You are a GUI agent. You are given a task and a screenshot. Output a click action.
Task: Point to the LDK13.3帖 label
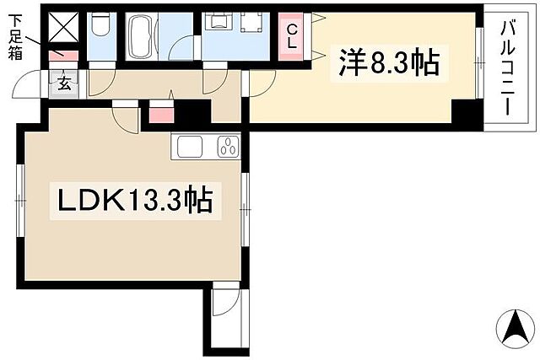click(x=133, y=201)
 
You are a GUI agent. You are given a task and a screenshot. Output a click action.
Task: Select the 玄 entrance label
click(x=64, y=83)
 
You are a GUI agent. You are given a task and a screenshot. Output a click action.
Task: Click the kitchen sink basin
click(x=189, y=146)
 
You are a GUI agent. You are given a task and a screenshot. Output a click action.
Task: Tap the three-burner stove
click(x=228, y=146)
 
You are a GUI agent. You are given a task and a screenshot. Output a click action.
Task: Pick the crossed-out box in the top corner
click(x=63, y=27)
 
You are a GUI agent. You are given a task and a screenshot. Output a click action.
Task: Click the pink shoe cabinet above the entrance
click(x=65, y=56)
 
